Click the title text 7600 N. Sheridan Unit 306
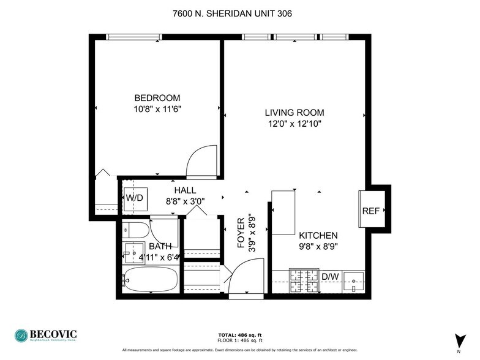tap(239, 13)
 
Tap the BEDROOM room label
tap(157, 98)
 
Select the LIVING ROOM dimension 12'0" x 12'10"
tap(294, 124)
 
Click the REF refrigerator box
tap(371, 210)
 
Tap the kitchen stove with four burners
tap(302, 282)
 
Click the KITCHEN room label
tap(318, 236)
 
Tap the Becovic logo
tap(46, 335)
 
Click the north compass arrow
tap(458, 340)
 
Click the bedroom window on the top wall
tap(134, 37)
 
